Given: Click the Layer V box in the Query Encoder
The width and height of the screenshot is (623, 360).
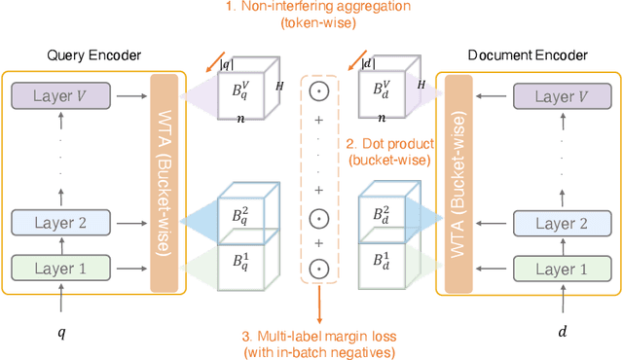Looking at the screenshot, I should click(59, 95).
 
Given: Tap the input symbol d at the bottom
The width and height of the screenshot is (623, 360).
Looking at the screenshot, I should click(562, 333).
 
